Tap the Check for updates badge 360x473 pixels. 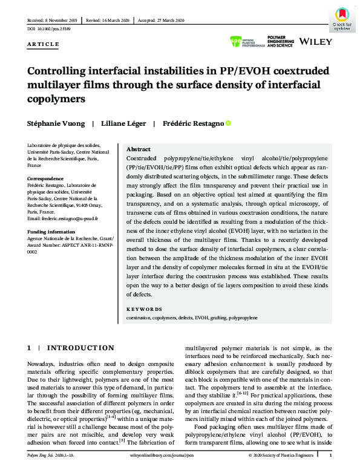pos(342,18)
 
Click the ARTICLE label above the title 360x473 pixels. pos(44,44)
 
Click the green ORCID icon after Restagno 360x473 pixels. pos(228,123)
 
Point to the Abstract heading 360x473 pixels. pos(138,149)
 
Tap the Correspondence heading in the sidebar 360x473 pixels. pos(45,178)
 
